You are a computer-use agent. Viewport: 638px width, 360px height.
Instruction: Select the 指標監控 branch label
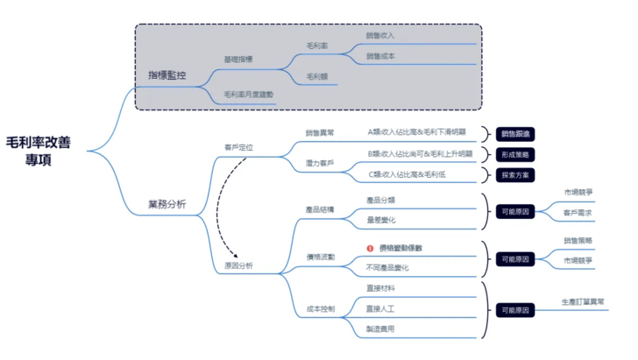pyautogui.click(x=167, y=76)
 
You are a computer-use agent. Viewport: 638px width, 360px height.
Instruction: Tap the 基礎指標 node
pyautogui.click(x=238, y=60)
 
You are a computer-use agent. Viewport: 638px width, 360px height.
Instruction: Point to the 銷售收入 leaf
pyautogui.click(x=380, y=36)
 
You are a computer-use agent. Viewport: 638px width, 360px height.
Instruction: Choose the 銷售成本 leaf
pyautogui.click(x=380, y=56)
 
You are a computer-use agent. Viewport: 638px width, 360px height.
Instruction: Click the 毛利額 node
pyautogui.click(x=317, y=77)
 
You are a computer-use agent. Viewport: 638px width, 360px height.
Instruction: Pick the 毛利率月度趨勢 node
pyautogui.click(x=249, y=94)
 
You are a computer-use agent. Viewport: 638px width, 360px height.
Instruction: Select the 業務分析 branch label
pyautogui.click(x=167, y=205)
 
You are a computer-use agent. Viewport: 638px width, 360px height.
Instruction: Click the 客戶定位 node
pyautogui.click(x=238, y=147)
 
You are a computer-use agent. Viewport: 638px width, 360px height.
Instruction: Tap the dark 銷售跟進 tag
pyautogui.click(x=516, y=134)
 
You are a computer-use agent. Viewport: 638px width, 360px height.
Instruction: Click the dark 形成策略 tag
pyautogui.click(x=516, y=154)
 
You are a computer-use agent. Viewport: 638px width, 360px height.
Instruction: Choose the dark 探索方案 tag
pyautogui.click(x=516, y=175)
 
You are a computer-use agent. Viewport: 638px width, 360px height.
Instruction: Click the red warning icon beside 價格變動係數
pyautogui.click(x=371, y=248)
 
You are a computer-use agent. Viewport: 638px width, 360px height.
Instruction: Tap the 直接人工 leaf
pyautogui.click(x=380, y=308)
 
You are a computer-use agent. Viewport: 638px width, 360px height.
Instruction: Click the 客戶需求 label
pyautogui.click(x=578, y=213)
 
